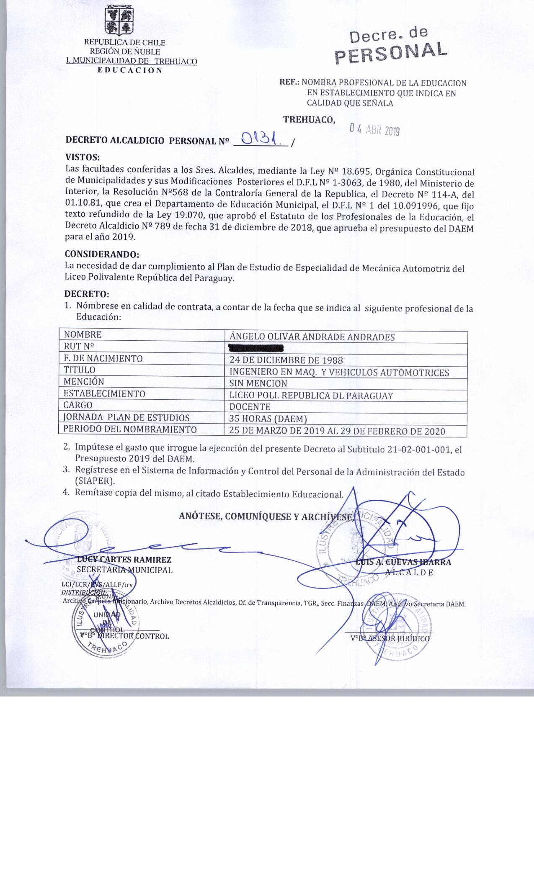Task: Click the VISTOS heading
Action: click(x=83, y=158)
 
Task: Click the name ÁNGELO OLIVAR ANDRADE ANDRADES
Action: click(x=312, y=337)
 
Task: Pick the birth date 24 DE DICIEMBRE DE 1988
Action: click(x=286, y=360)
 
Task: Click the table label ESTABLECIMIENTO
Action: click(x=104, y=394)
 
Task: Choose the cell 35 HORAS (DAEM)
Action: click(x=268, y=418)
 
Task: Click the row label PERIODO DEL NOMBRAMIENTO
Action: click(x=130, y=429)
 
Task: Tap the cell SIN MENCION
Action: click(x=258, y=383)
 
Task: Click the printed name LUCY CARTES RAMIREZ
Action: click(x=124, y=560)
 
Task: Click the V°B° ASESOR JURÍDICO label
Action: click(x=390, y=639)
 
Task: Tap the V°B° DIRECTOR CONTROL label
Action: click(x=124, y=636)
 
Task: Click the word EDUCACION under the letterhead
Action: click(x=130, y=70)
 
